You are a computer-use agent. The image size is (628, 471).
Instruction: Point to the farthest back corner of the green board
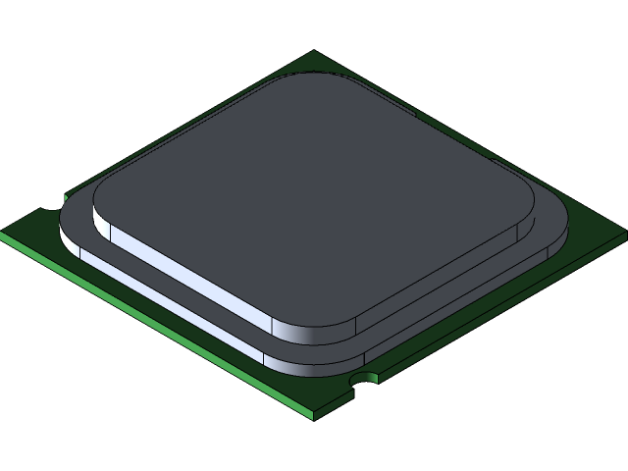pyautogui.click(x=314, y=53)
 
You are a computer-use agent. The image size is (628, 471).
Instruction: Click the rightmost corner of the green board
pyautogui.click(x=624, y=236)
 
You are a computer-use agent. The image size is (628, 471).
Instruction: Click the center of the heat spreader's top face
pyautogui.click(x=314, y=196)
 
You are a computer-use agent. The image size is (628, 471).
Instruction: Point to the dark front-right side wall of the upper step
pyautogui.click(x=442, y=280)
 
